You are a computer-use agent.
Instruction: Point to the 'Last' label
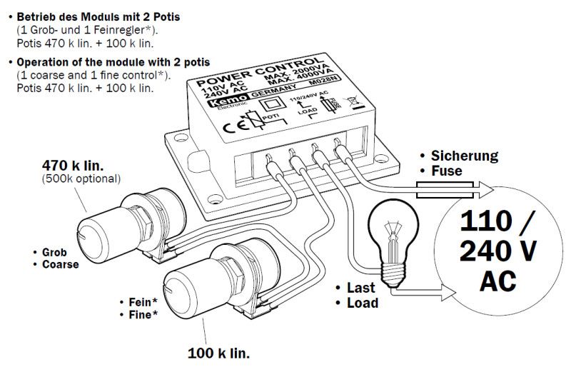click(360, 288)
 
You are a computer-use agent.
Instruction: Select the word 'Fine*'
click(140, 314)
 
